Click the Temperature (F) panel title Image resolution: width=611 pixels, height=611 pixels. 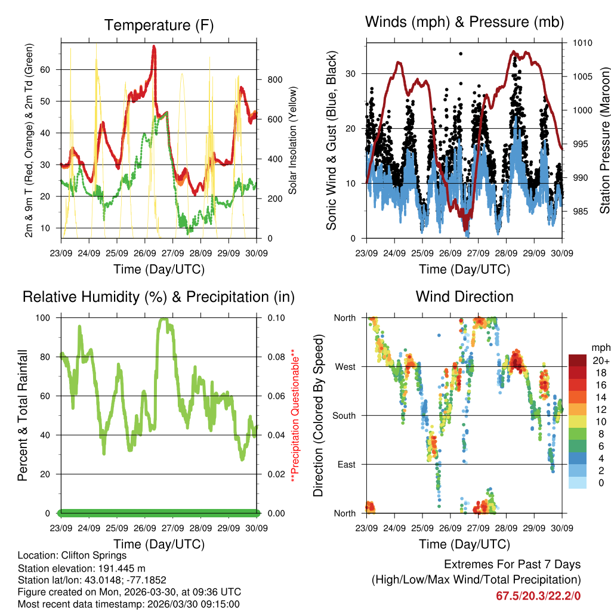pyautogui.click(x=159, y=26)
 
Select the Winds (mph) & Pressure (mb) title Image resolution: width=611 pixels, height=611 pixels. pyautogui.click(x=464, y=23)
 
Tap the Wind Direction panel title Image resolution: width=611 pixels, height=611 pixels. pyautogui.click(x=464, y=297)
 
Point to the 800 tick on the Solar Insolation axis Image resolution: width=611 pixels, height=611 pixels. pyautogui.click(x=274, y=79)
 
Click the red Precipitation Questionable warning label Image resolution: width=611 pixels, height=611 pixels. pyautogui.click(x=294, y=415)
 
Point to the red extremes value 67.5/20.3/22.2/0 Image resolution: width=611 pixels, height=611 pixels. pyautogui.click(x=538, y=595)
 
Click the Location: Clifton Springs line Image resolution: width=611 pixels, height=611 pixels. pyautogui.click(x=72, y=556)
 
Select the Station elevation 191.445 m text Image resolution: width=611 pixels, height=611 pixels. pyautogui.click(x=82, y=568)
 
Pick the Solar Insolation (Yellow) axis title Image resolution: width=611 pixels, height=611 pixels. pyautogui.click(x=293, y=140)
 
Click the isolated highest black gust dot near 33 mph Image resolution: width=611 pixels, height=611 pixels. pyautogui.click(x=460, y=54)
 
